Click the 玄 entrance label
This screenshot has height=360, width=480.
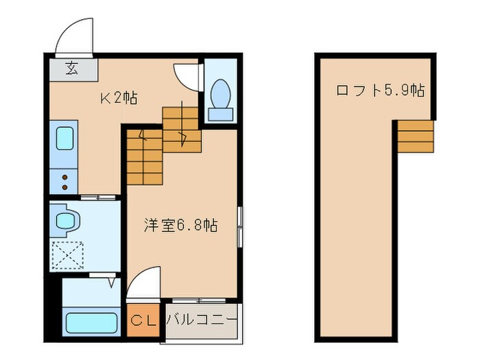coord(72,68)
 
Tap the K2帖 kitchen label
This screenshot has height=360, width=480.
coord(119,98)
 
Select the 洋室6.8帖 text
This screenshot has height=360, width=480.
coord(180,225)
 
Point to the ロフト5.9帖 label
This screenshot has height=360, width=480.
coord(379,91)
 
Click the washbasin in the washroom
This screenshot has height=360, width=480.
coord(67,220)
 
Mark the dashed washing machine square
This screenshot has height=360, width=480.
coord(67,256)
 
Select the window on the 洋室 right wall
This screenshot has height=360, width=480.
coord(239,226)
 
